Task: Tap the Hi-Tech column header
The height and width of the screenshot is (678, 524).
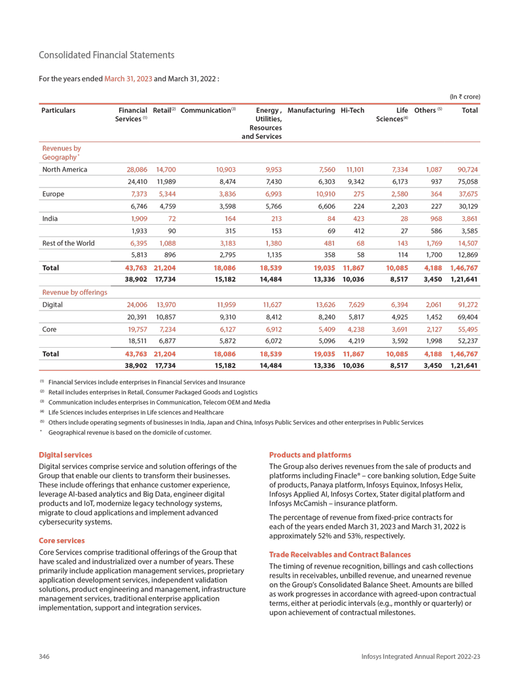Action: click(352, 111)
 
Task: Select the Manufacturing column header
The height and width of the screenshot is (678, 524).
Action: click(311, 111)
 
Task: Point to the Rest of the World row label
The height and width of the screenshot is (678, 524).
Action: click(68, 243)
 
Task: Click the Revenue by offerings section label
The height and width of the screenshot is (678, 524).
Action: click(75, 292)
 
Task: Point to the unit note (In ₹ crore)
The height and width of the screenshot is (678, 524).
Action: click(464, 96)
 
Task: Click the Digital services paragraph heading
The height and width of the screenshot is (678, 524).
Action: click(66, 455)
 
